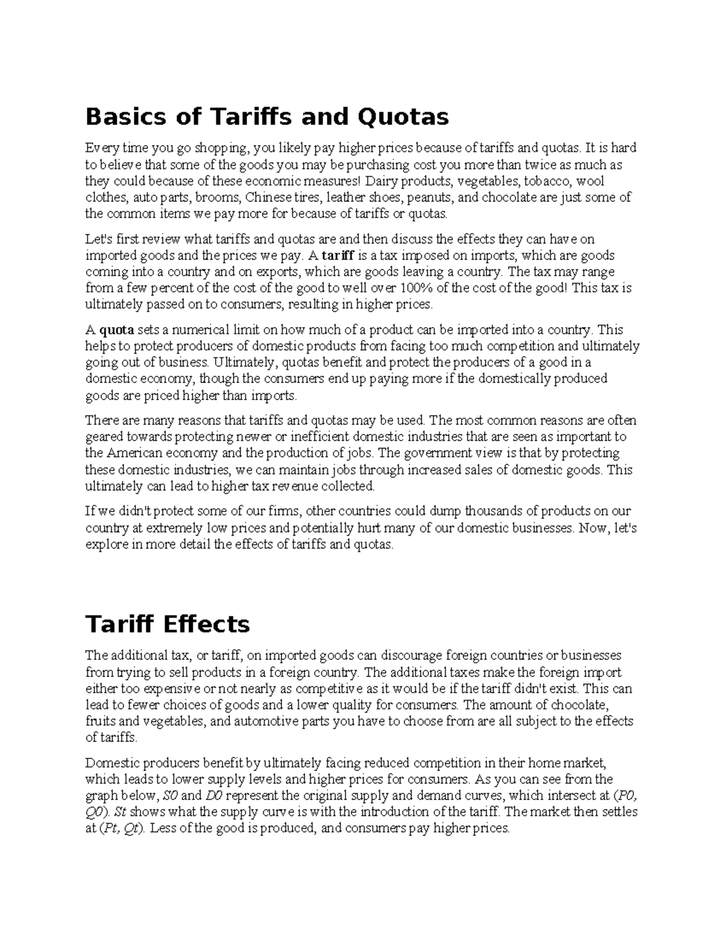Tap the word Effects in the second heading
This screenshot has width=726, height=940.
click(208, 623)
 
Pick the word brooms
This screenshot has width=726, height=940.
click(218, 197)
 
